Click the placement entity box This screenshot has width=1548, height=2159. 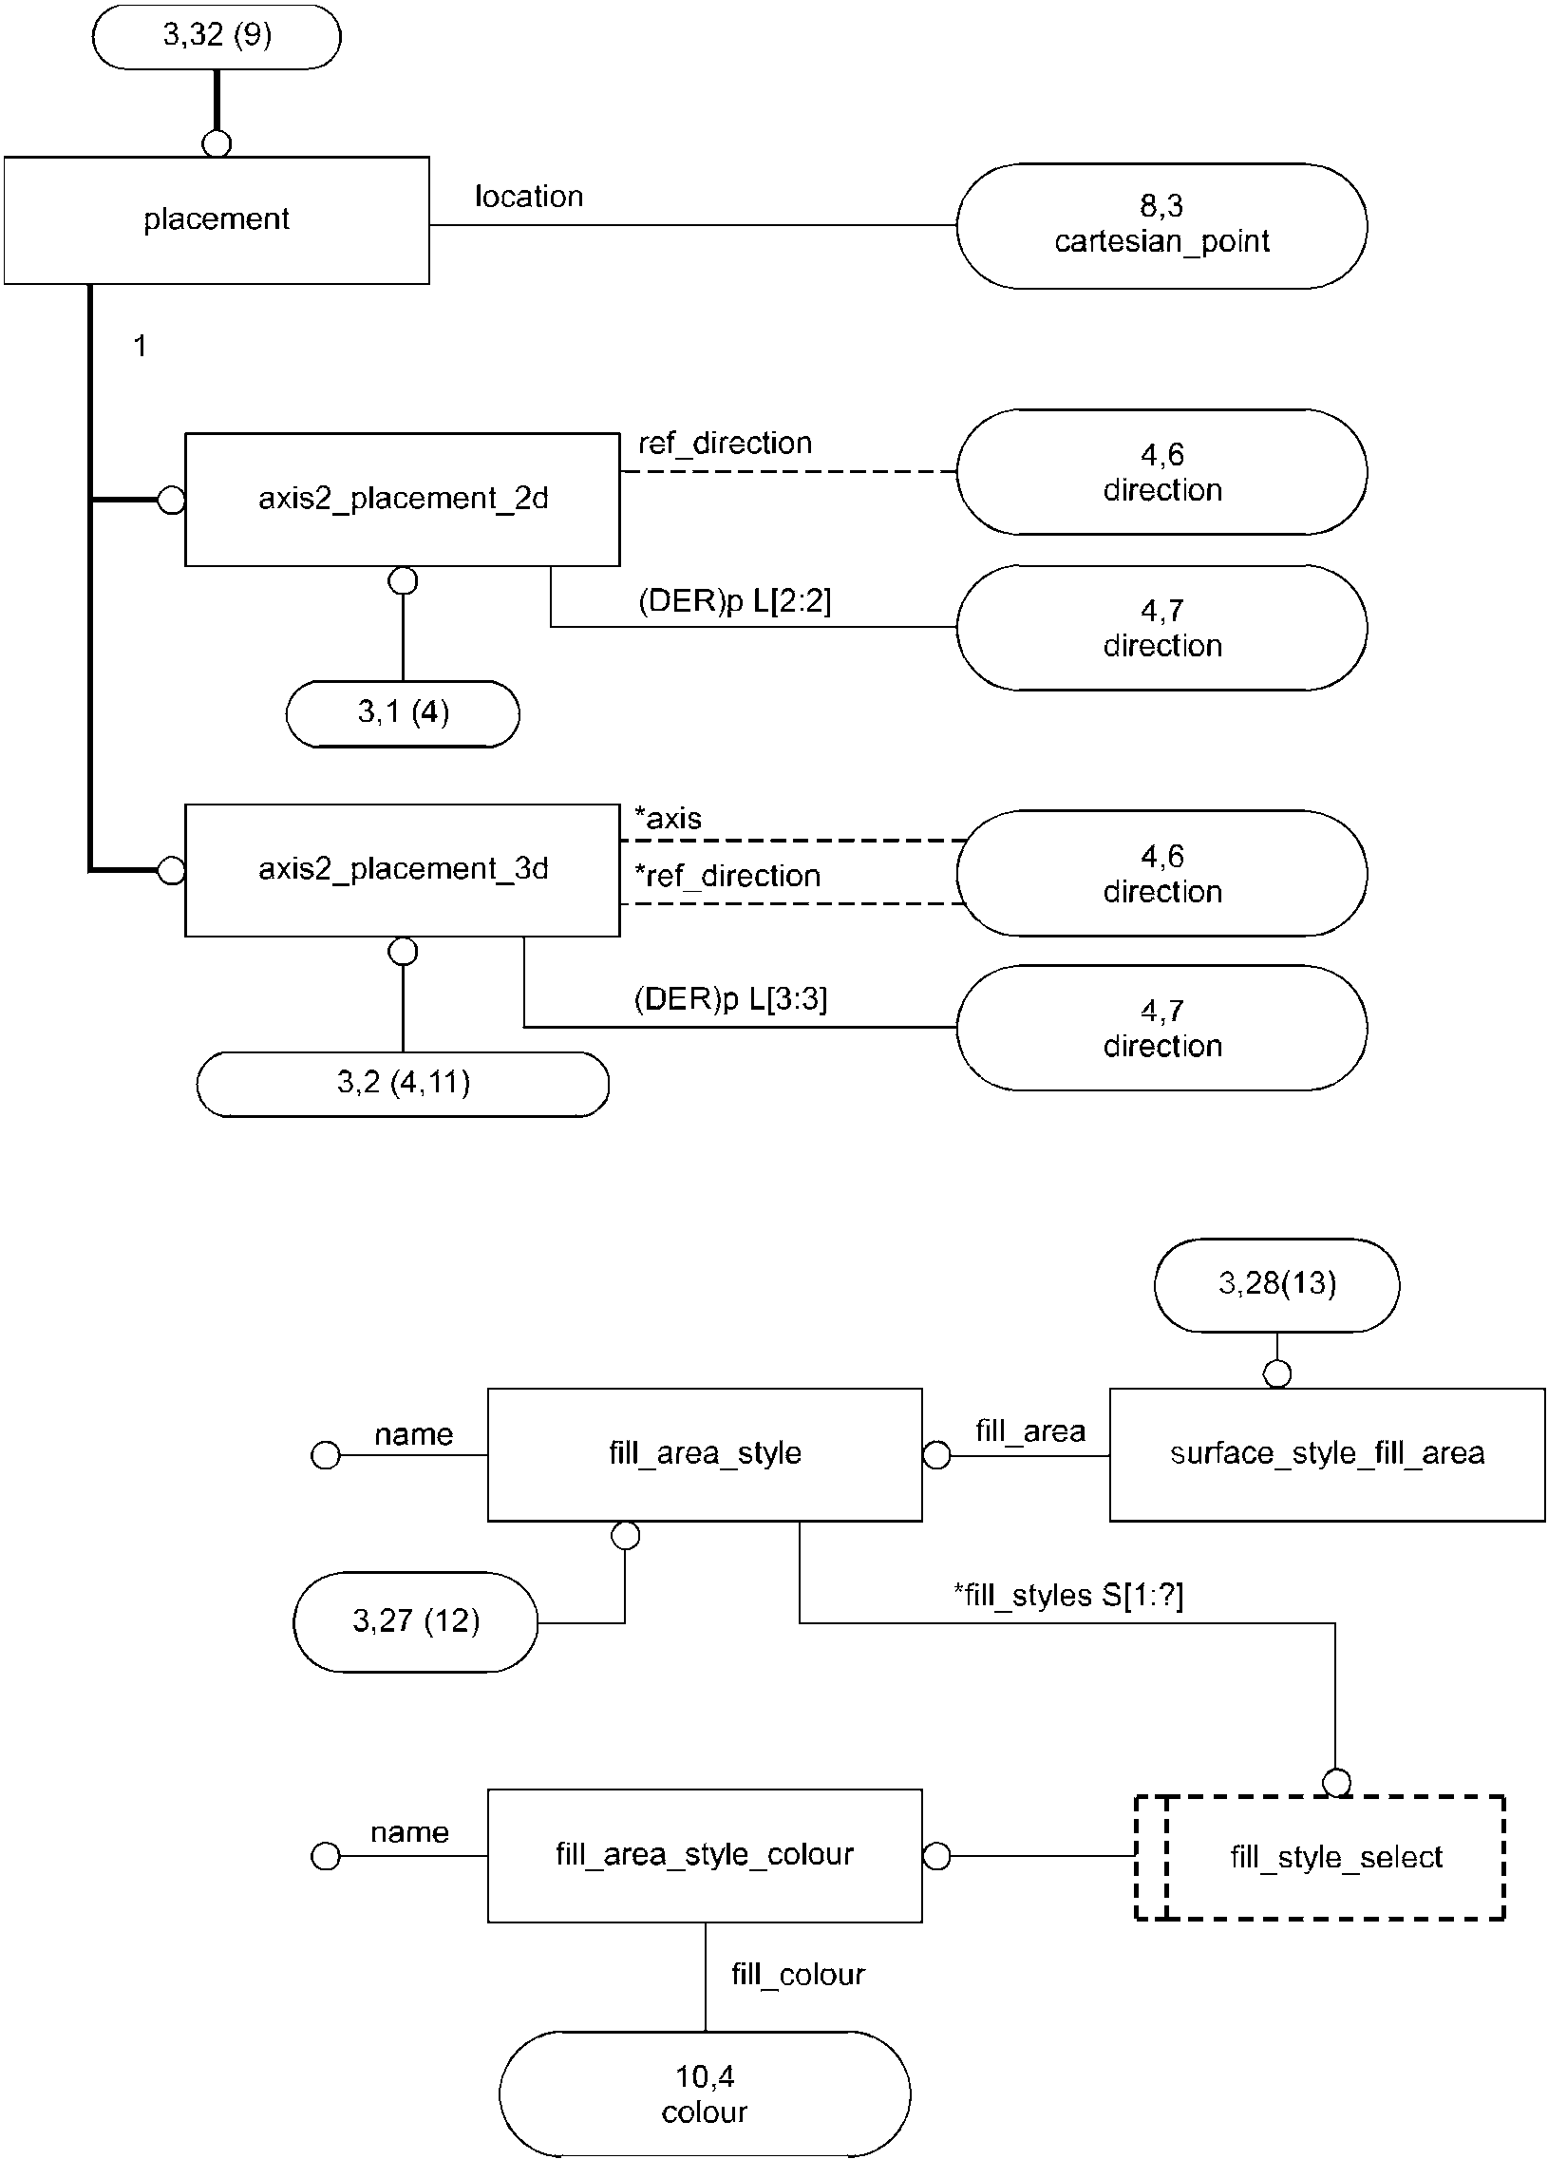pos(217,220)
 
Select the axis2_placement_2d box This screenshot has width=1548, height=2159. pos(402,500)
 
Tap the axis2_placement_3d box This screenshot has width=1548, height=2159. pos(402,870)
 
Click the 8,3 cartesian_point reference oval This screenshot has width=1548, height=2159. pos(1161,226)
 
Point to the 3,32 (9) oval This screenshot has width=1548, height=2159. pos(217,36)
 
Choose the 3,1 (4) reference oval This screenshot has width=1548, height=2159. pos(403,713)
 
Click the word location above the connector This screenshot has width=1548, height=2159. pos(529,196)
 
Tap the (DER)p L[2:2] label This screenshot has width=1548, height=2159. pos(734,600)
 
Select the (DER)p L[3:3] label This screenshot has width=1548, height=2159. pos(731,998)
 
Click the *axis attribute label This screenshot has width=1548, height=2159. pos(669,818)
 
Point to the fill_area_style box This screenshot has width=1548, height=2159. pos(705,1453)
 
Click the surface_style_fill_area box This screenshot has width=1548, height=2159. pos(1327,1453)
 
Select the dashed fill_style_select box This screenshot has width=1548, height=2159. pos(1319,1857)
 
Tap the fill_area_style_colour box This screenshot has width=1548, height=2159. pos(705,1855)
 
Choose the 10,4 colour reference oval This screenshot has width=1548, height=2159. pos(705,2093)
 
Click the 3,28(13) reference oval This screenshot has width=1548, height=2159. pos(1276,1284)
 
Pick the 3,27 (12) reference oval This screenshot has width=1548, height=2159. pos(415,1621)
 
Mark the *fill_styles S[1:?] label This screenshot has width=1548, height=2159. pos(1068,1595)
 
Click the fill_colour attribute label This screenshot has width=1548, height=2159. pos(798,1976)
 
